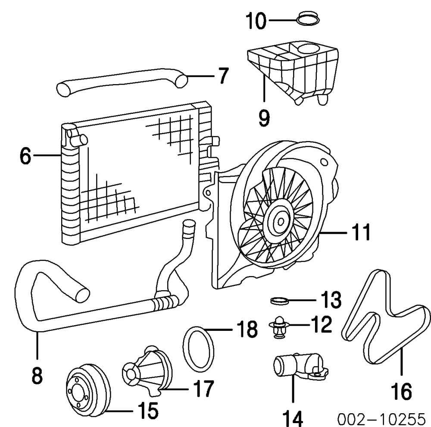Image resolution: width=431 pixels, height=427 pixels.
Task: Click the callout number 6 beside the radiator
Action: coord(25,156)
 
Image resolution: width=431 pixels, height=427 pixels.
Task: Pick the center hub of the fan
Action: coord(280,221)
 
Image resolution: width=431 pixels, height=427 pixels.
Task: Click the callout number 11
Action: coord(359,233)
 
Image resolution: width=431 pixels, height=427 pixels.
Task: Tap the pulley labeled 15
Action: coord(88,388)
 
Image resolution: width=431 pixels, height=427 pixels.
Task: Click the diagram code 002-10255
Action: coord(381,418)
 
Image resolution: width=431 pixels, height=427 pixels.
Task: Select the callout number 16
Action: coord(401,392)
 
